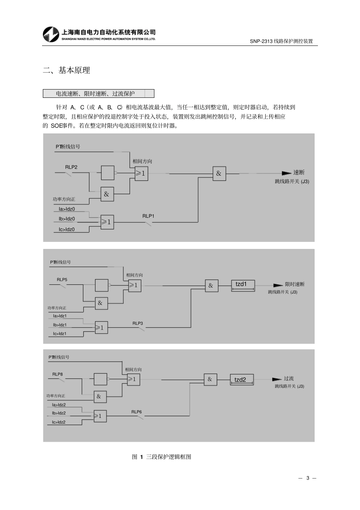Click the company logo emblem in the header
click(x=51, y=35)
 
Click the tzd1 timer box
click(x=243, y=286)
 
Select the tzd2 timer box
click(x=242, y=380)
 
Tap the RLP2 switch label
click(x=71, y=167)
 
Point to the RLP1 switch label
click(x=148, y=216)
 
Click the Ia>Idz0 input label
click(x=67, y=209)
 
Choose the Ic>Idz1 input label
click(x=59, y=334)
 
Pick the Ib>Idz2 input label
click(x=59, y=413)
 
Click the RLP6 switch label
click(x=136, y=412)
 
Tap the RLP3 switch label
click(x=138, y=323)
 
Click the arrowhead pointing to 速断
click(x=286, y=173)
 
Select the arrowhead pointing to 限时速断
click(x=278, y=285)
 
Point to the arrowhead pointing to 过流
click(x=277, y=379)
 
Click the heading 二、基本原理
click(x=66, y=70)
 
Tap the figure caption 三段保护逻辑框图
click(x=169, y=457)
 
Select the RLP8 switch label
click(x=57, y=374)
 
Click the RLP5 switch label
click(x=62, y=279)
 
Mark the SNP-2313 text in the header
click(x=261, y=41)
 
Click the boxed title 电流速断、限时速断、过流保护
click(x=95, y=94)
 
